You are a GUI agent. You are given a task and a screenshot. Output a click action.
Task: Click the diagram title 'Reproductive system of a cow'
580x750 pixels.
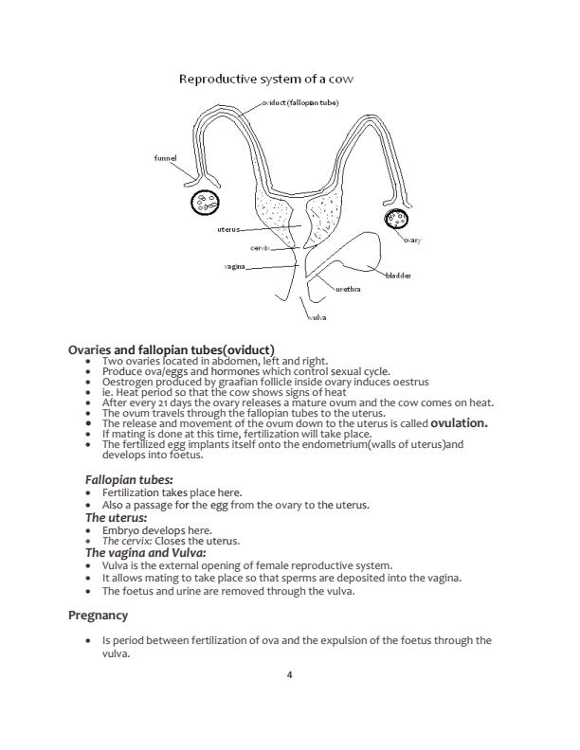(x=266, y=79)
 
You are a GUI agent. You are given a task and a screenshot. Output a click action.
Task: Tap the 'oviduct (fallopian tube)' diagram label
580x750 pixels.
(x=299, y=101)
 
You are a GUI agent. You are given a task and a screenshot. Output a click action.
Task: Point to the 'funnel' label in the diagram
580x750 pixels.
(x=165, y=158)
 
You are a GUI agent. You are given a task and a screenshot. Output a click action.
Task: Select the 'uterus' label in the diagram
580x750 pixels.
(x=228, y=229)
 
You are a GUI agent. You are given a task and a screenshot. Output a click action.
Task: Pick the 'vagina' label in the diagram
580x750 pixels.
(x=234, y=267)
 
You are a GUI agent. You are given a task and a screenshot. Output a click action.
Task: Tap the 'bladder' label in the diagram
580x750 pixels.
(x=398, y=276)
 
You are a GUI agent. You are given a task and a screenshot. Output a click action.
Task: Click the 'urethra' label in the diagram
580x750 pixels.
(x=348, y=288)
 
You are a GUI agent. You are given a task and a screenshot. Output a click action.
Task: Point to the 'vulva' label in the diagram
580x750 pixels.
(x=317, y=317)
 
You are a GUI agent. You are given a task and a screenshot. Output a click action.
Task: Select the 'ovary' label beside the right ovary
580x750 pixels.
(x=411, y=241)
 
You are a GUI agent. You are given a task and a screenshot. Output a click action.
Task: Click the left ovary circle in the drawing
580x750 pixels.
(x=205, y=203)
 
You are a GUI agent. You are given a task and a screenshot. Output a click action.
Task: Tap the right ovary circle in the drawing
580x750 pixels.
(x=396, y=219)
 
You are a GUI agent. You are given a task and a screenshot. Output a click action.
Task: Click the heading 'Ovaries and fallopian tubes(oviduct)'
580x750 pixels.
(x=172, y=349)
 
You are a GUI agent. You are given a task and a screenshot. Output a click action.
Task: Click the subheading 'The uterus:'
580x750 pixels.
(x=116, y=518)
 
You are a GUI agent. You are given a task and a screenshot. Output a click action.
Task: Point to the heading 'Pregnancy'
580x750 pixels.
(x=98, y=616)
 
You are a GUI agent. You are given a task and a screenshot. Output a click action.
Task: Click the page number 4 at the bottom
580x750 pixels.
(x=289, y=674)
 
